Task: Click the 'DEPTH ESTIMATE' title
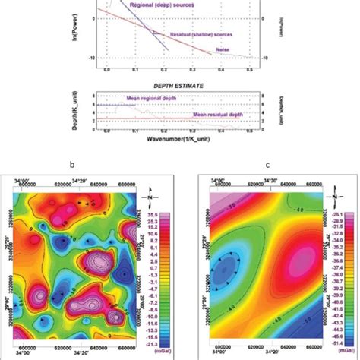[179, 87]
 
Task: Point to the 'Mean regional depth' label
[154, 99]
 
